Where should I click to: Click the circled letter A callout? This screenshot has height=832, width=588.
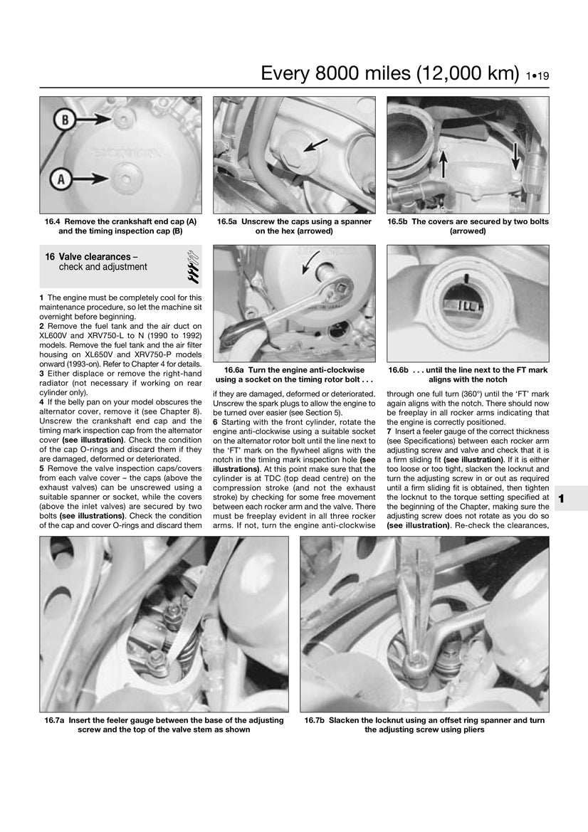(61, 179)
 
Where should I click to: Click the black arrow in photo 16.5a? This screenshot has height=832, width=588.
(313, 145)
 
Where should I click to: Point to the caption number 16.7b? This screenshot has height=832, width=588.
(315, 720)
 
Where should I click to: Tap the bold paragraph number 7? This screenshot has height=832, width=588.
(389, 431)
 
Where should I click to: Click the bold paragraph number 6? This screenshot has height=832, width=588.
(215, 422)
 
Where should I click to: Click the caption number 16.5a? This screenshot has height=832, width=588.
(228, 221)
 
